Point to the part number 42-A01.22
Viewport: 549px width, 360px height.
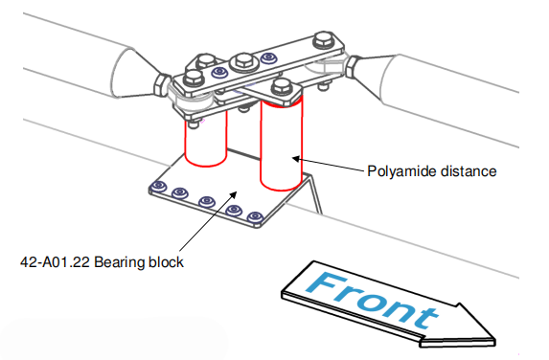(55, 262)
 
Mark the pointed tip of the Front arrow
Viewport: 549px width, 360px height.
(495, 340)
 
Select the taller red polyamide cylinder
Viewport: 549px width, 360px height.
(281, 143)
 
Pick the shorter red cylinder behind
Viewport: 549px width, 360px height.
(206, 140)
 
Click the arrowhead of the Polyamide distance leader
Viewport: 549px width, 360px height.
(295, 159)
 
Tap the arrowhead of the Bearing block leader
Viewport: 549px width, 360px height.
(234, 194)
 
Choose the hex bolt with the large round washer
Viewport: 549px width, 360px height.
(244, 62)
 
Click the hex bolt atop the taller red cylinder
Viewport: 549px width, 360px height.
(282, 86)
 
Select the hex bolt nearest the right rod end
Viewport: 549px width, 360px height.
(323, 40)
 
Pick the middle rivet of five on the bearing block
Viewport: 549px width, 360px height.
(207, 202)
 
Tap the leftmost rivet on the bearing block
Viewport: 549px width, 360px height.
(158, 186)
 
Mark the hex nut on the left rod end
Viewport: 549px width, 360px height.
(162, 86)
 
